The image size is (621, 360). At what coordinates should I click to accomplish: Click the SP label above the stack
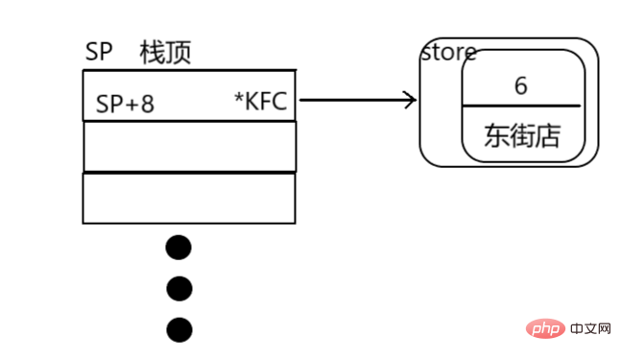click(x=99, y=52)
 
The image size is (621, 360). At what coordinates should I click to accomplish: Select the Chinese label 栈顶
click(x=165, y=52)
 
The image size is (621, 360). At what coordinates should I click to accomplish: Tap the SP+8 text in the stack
click(x=125, y=104)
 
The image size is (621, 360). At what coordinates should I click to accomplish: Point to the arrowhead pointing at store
click(x=412, y=99)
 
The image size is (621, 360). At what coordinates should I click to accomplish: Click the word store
click(x=448, y=52)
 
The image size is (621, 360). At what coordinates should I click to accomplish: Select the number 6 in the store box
click(x=521, y=85)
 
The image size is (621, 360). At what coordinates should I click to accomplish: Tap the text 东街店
click(x=521, y=135)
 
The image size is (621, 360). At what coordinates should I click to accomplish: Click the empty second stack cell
click(x=189, y=147)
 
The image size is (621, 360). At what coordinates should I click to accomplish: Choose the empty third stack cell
click(x=189, y=198)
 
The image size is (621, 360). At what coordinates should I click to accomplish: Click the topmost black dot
click(x=179, y=248)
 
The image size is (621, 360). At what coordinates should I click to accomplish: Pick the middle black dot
click(x=179, y=288)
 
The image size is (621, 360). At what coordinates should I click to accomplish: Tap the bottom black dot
click(x=179, y=330)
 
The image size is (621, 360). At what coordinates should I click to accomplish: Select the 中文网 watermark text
click(x=589, y=329)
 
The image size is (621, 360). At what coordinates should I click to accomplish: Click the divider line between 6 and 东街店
click(x=521, y=106)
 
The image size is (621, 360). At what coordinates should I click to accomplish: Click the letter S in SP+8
click(x=102, y=104)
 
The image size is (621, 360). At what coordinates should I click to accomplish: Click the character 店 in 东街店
click(x=546, y=135)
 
